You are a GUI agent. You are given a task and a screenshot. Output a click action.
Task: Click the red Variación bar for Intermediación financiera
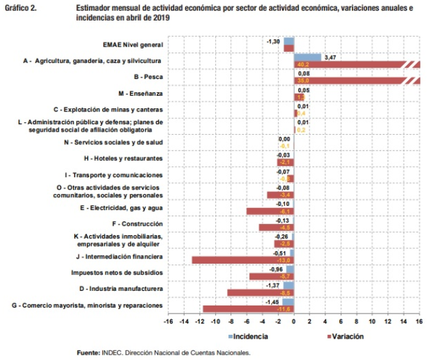(242, 260)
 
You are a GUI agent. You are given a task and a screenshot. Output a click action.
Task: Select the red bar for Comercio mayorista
(248, 309)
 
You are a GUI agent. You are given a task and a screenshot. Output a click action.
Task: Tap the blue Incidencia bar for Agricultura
(307, 57)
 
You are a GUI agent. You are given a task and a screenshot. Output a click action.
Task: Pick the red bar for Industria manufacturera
(260, 292)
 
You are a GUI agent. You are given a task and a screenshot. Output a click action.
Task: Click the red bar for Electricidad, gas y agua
(270, 211)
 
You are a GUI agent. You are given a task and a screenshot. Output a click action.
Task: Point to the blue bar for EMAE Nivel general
(289, 41)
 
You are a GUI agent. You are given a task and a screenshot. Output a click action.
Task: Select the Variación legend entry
(345, 337)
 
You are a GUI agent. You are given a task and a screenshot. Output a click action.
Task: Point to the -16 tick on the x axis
(168, 322)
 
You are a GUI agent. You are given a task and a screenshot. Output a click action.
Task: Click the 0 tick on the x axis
(294, 322)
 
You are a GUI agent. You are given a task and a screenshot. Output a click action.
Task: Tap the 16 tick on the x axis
(419, 322)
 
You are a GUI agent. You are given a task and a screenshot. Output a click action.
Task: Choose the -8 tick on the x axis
(231, 322)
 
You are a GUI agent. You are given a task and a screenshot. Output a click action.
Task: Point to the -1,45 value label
(272, 302)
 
